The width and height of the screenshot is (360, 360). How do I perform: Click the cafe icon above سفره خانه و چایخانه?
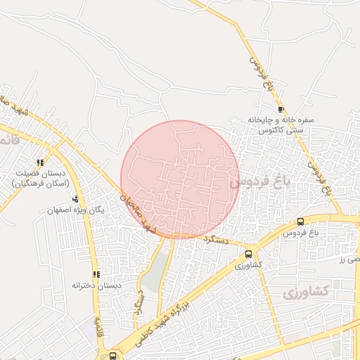(281, 110)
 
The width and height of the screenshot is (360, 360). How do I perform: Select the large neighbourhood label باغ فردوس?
(259, 183)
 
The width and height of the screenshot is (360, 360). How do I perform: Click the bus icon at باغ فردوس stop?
(301, 221)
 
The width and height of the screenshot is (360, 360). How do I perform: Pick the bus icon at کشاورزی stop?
(248, 254)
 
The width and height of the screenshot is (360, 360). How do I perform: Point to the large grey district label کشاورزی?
(307, 293)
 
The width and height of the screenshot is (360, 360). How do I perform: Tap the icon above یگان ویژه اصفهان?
(75, 199)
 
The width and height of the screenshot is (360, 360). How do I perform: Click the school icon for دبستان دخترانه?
(96, 274)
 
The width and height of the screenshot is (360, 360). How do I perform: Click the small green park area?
(158, 271)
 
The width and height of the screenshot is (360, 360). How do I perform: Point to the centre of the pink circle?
(180, 179)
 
